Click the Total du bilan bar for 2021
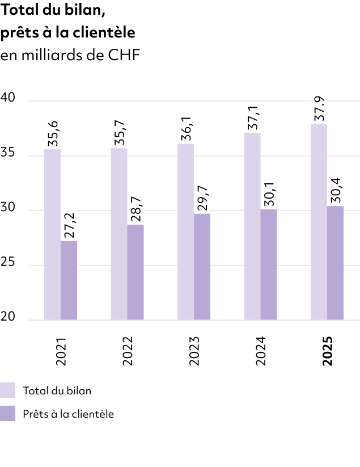[52, 234]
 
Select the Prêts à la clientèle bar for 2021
[69, 280]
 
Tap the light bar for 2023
[185, 232]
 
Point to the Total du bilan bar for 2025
[319, 221]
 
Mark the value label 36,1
[185, 129]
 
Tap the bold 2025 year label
[327, 352]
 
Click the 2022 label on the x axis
[127, 352]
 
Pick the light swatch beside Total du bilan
[8, 390]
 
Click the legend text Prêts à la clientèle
[69, 414]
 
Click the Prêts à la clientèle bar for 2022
[135, 272]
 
